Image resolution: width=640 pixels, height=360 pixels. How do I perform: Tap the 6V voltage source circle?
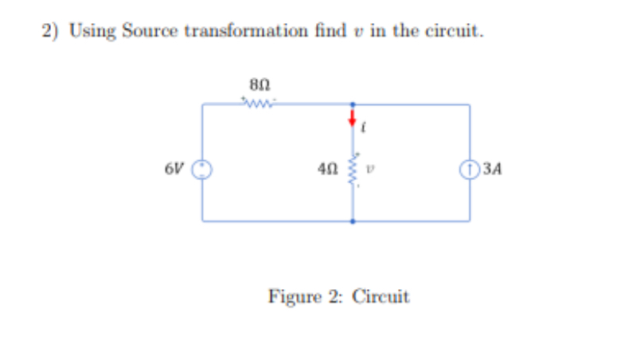(203, 169)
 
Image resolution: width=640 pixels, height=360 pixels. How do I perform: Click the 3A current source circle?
(469, 169)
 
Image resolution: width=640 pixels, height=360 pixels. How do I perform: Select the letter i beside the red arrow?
(365, 124)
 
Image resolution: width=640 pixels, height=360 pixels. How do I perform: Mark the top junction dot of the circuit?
(353, 104)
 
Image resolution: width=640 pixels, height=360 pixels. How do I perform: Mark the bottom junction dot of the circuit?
(353, 221)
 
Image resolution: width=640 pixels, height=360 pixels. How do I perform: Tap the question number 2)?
(49, 30)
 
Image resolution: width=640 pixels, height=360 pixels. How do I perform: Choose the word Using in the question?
(92, 31)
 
